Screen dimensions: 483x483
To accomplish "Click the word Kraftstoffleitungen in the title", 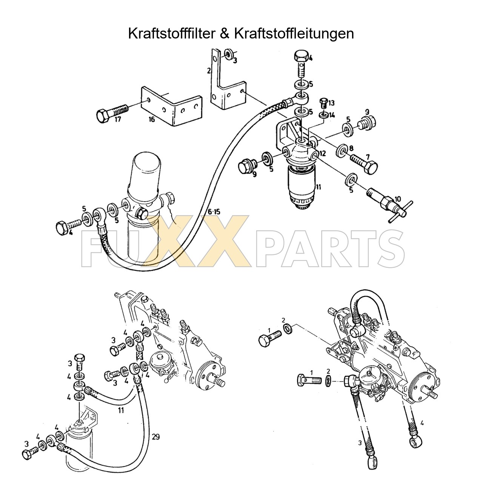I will (x=294, y=34).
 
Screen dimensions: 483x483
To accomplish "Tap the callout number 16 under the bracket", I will (x=151, y=119).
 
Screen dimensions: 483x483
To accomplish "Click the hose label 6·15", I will (x=213, y=212).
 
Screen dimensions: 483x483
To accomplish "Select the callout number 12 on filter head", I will (x=322, y=153).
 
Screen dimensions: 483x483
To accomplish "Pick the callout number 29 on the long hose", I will (x=156, y=437).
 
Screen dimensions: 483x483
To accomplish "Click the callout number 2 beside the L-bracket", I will (x=208, y=70).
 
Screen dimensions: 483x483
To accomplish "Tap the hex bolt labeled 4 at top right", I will (x=301, y=60).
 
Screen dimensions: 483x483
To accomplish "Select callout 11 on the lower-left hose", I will (x=121, y=410).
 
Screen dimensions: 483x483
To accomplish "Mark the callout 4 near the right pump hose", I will (x=422, y=423).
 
